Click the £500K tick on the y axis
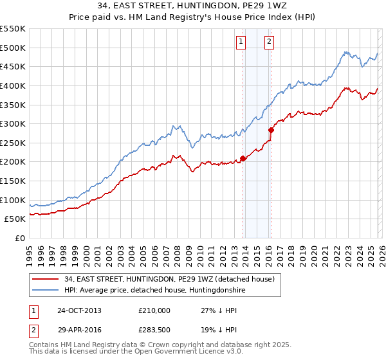point(13,48)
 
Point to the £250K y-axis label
point(13,143)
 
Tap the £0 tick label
point(19,238)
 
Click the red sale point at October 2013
point(243,158)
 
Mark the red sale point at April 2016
point(271,130)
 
